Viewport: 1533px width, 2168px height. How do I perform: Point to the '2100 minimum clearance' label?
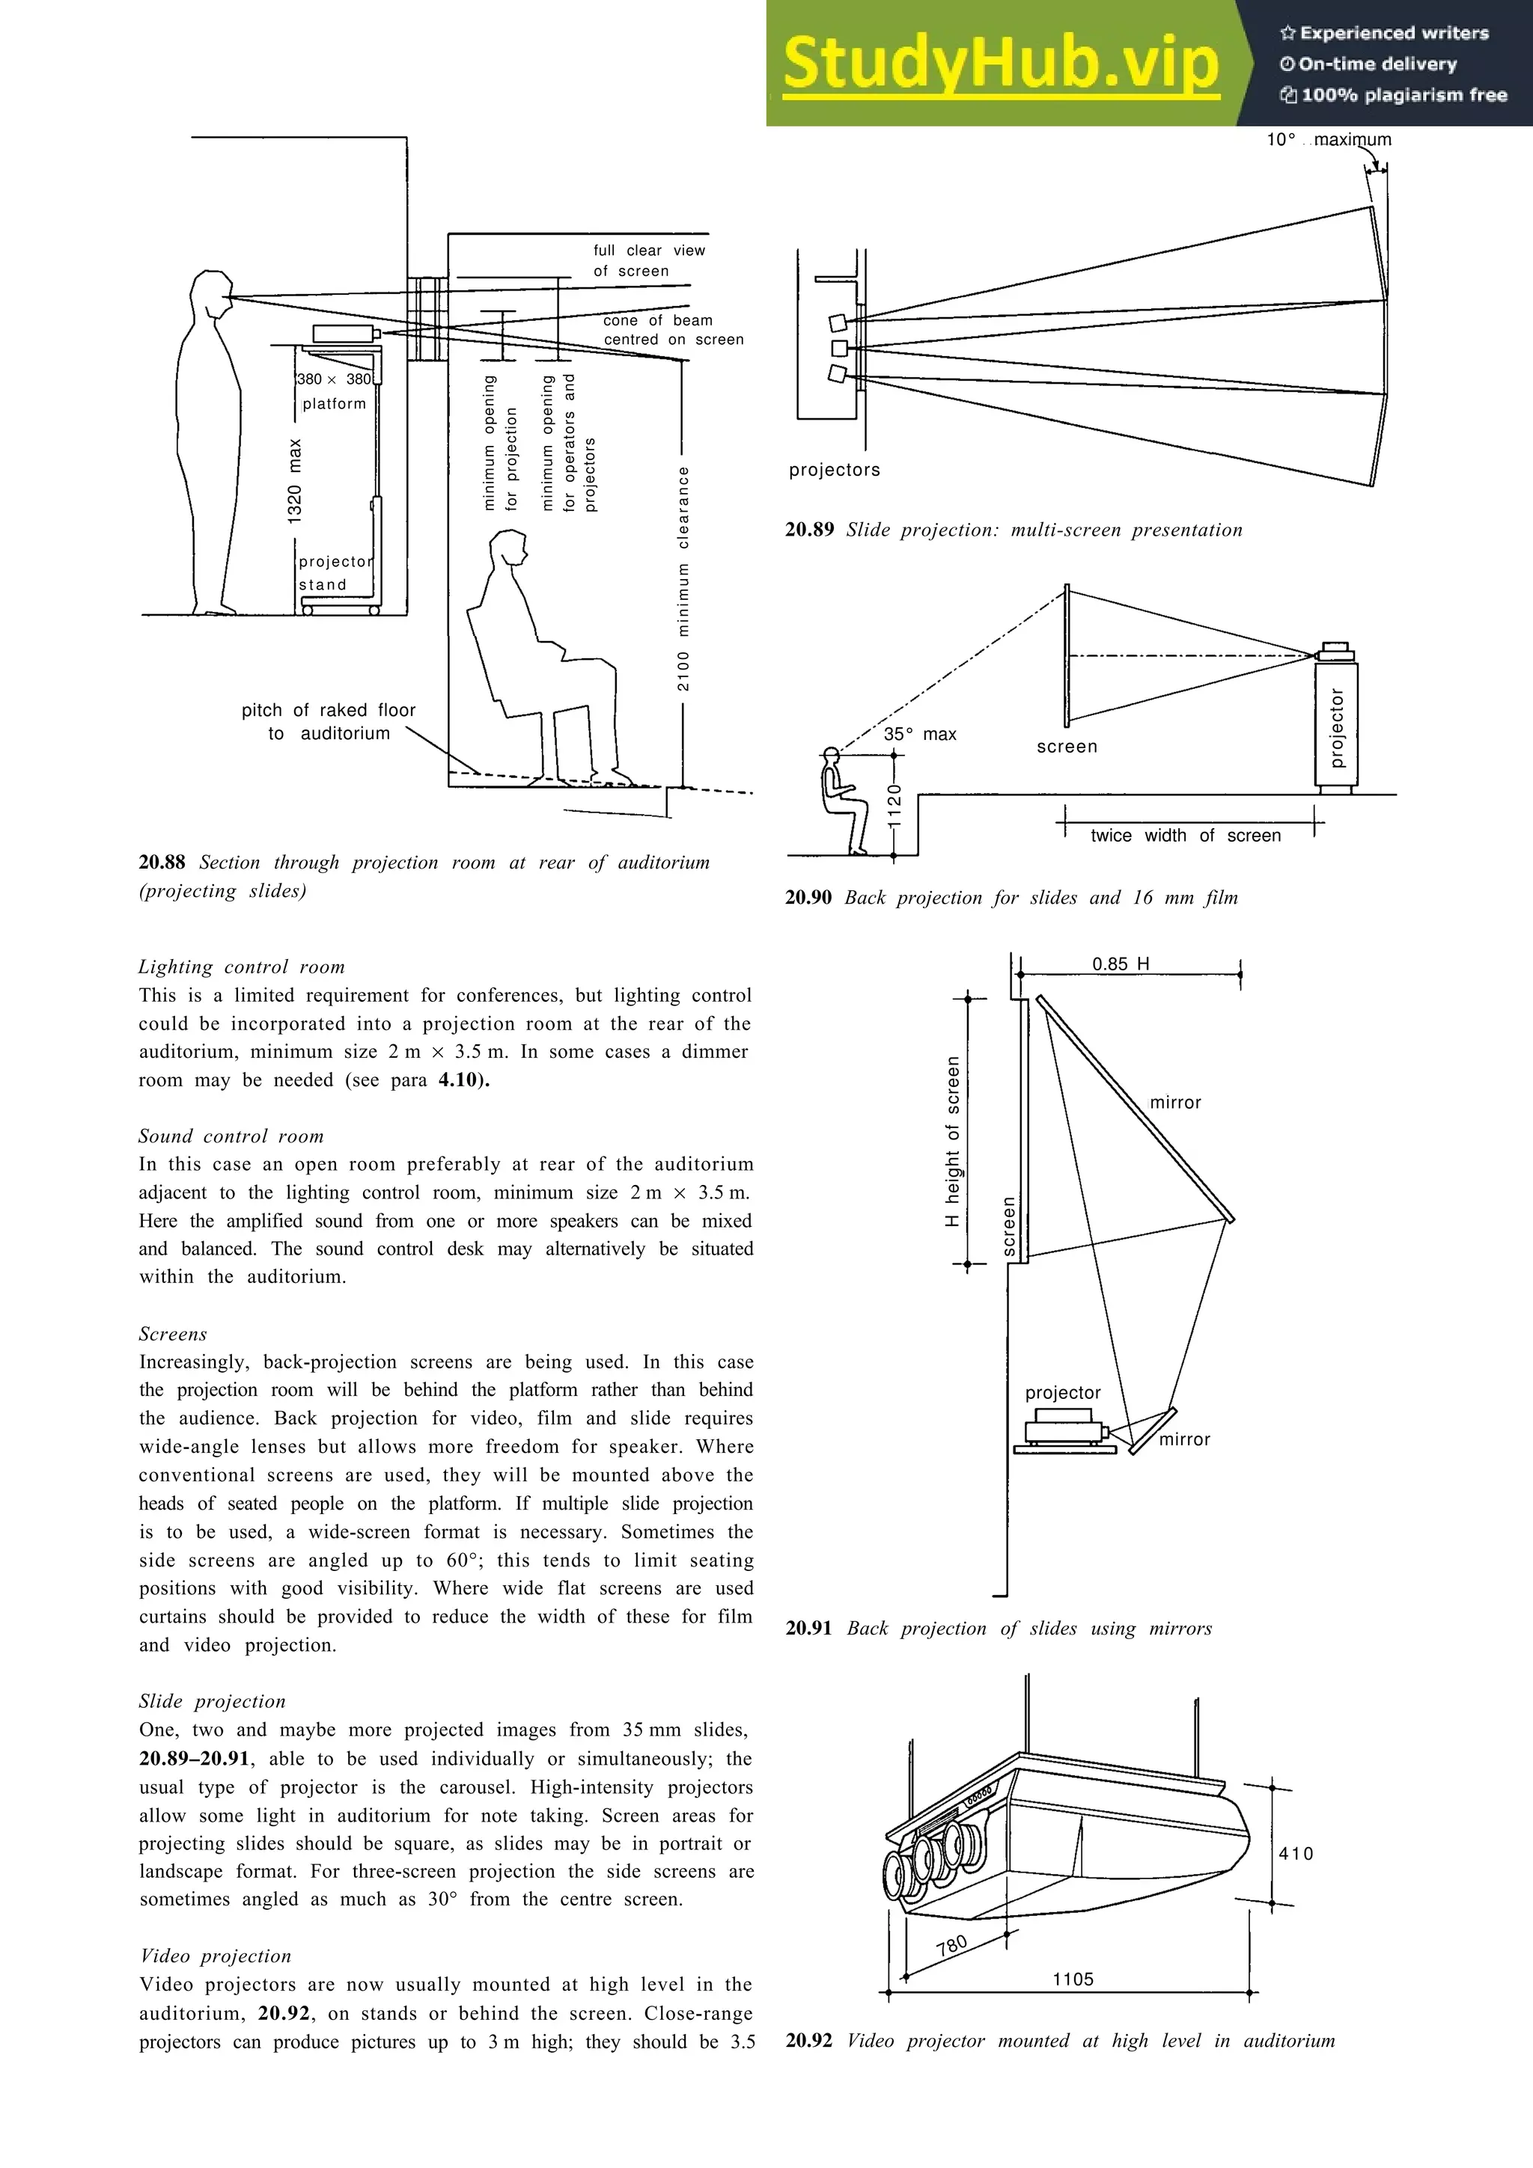pos(683,578)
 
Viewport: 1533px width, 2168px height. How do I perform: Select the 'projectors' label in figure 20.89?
pos(834,471)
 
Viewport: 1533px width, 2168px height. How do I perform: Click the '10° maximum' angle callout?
pos(1328,140)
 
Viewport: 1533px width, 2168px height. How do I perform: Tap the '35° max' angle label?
pos(919,735)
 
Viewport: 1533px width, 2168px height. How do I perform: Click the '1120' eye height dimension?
pos(894,806)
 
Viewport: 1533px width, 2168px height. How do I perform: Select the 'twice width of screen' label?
pos(1186,836)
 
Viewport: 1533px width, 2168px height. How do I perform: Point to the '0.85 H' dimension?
pos(1121,964)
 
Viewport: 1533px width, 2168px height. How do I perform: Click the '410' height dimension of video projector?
pos(1296,1854)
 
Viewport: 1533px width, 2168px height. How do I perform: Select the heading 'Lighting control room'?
pos(242,967)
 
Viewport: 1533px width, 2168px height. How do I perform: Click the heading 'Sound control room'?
pos(231,1136)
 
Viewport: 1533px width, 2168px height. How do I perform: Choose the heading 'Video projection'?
pos(216,1956)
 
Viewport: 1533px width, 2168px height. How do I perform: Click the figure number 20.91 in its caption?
pos(808,1628)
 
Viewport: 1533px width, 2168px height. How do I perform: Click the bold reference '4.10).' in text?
pos(464,1080)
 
